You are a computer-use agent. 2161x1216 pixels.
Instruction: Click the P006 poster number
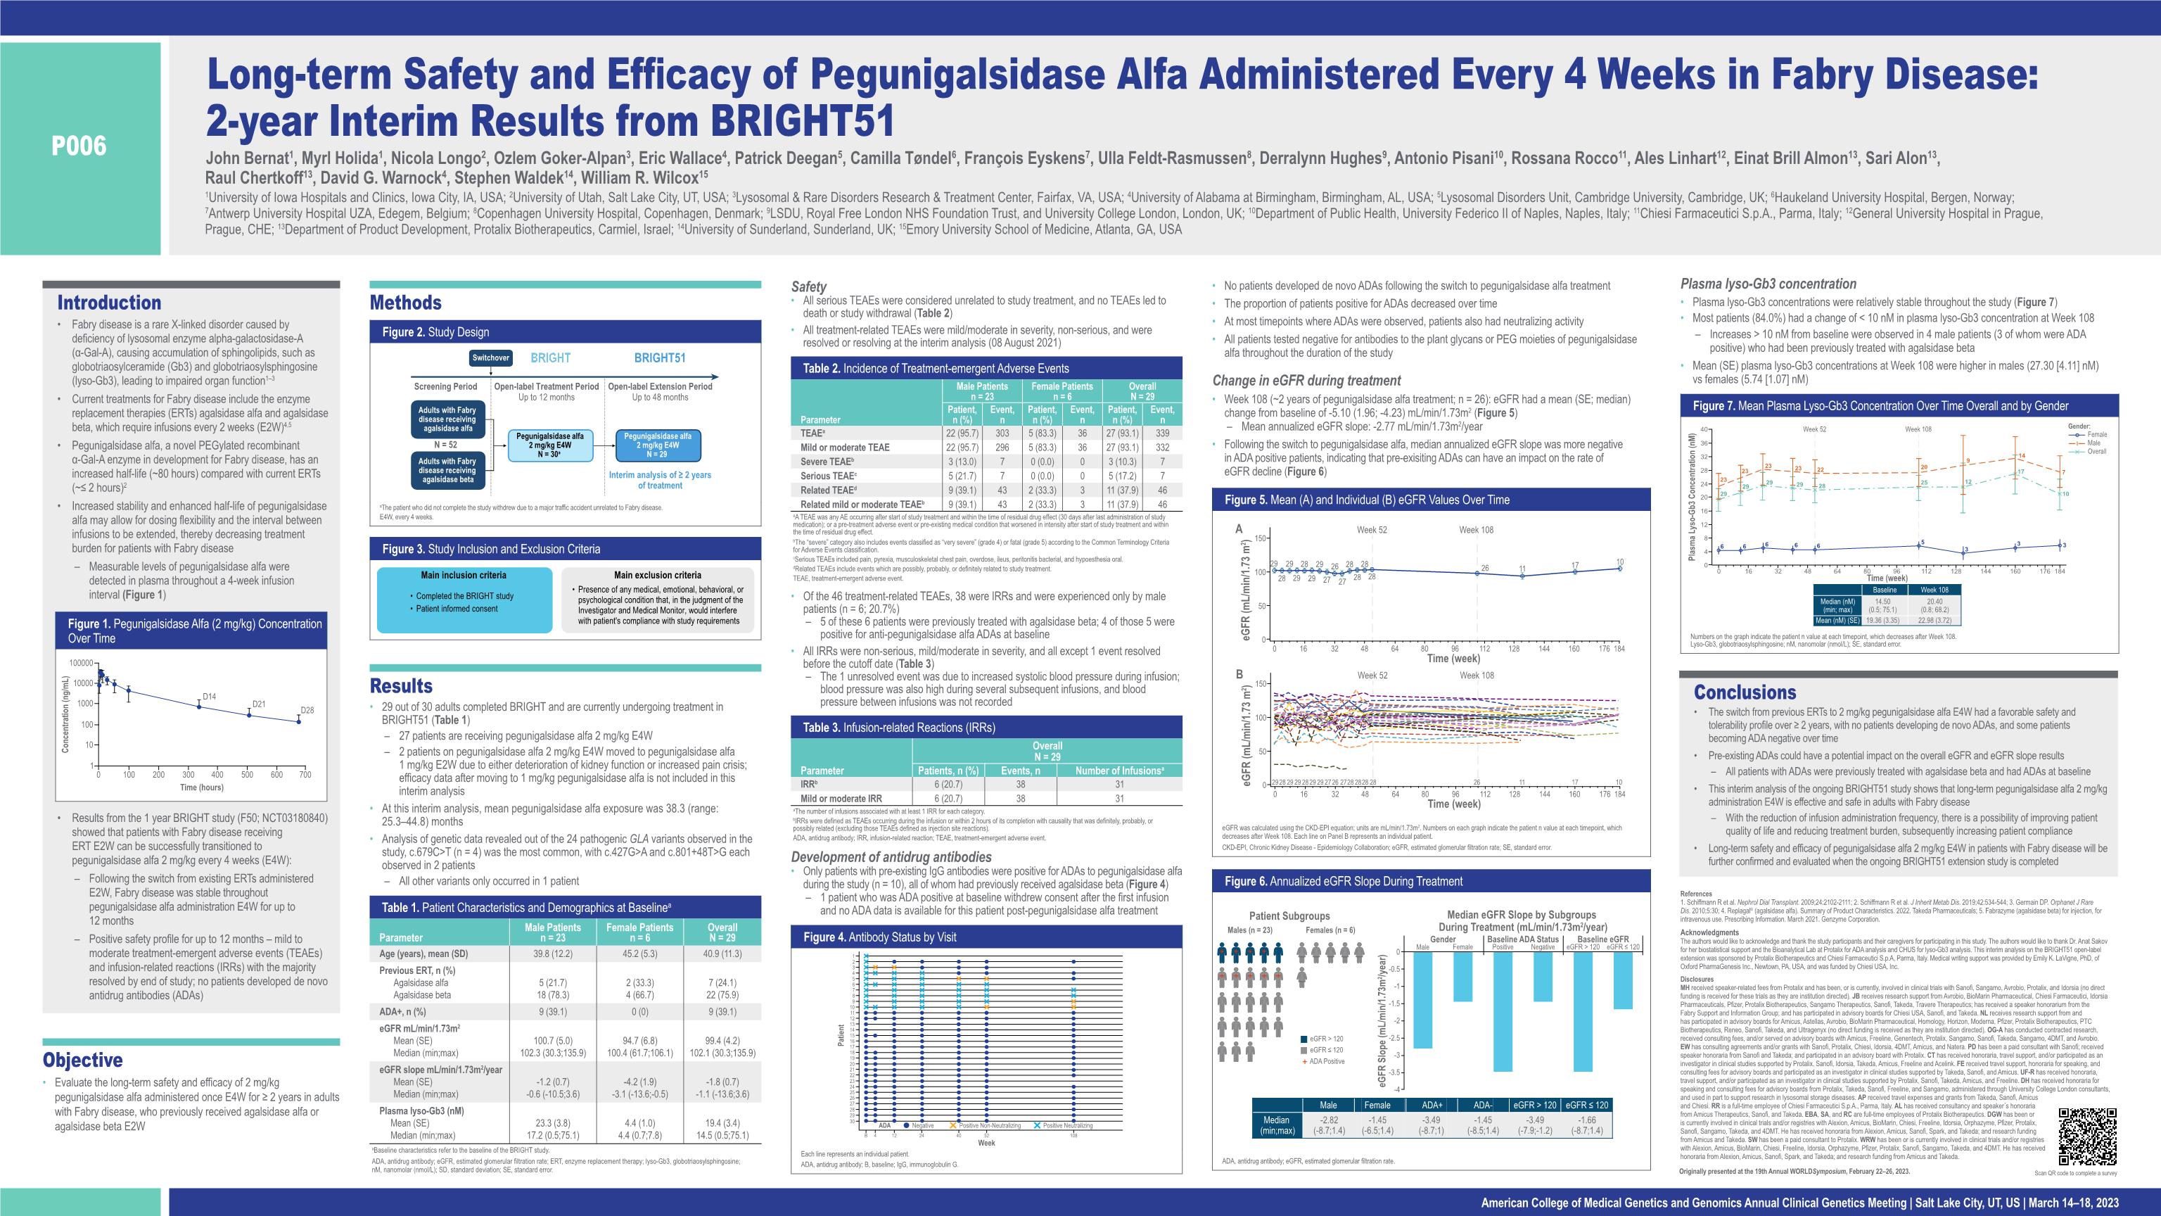(79, 146)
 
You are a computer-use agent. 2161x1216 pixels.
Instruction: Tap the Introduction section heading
(109, 303)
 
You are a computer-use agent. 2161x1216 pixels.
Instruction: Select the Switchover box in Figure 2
(491, 357)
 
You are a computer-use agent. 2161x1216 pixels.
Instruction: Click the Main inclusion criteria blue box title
(464, 576)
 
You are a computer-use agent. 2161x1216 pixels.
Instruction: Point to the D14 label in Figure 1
(209, 697)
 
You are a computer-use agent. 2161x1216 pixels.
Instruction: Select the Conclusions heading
(1745, 692)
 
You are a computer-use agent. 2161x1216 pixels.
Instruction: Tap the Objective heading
(82, 1060)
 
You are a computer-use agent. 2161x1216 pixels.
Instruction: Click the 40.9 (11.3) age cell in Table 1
(722, 954)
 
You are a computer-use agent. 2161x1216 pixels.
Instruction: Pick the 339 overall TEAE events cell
(1162, 433)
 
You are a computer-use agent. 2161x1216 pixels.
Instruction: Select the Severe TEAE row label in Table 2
(827, 462)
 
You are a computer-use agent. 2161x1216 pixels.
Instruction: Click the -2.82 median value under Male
(1329, 1120)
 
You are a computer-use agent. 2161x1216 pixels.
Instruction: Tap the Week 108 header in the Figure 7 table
(1934, 590)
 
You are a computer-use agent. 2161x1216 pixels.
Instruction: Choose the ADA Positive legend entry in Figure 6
(1326, 1062)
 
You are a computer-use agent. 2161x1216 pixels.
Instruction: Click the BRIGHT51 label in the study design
(659, 357)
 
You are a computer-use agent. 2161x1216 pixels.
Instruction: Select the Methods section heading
(405, 303)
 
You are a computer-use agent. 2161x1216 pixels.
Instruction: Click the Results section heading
(401, 685)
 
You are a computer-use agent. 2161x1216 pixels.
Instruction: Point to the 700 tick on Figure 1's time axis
(305, 775)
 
